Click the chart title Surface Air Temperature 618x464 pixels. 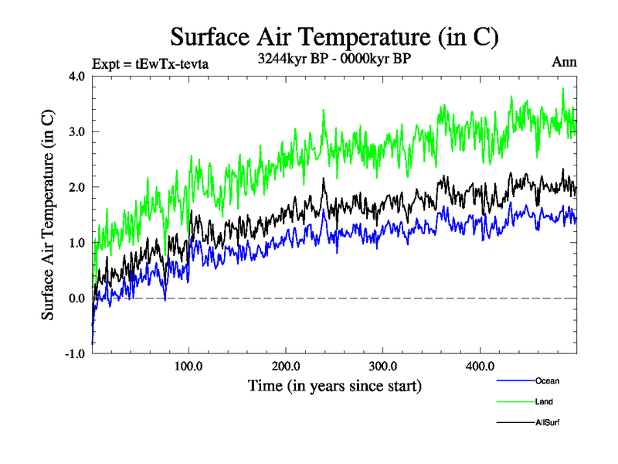[x=334, y=36]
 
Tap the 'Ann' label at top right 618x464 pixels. [x=564, y=63]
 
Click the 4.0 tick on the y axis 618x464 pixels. [x=75, y=76]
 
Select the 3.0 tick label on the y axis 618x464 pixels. [x=75, y=131]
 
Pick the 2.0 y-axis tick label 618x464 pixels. [x=75, y=187]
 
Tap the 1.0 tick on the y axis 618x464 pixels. [x=75, y=243]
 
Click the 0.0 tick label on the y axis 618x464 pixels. [x=75, y=299]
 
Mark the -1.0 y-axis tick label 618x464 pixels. [x=73, y=354]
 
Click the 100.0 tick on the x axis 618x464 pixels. [x=189, y=367]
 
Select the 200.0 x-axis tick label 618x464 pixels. [x=287, y=367]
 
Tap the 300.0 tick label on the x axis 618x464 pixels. [x=383, y=367]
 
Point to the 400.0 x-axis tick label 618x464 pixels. [x=480, y=367]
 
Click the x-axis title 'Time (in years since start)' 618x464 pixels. [x=334, y=385]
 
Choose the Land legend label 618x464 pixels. [x=544, y=401]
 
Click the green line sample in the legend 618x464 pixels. [x=514, y=401]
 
